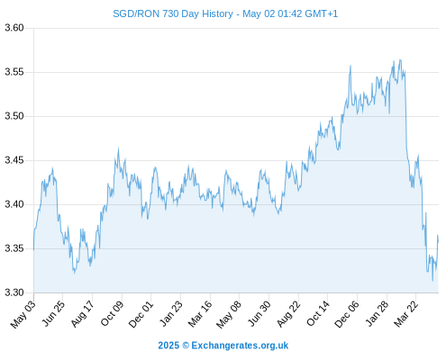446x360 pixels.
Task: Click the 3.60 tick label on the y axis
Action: click(x=14, y=28)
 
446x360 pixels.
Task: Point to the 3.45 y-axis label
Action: click(x=14, y=160)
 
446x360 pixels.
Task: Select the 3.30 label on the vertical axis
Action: click(x=14, y=292)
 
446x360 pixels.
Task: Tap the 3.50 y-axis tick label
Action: click(x=14, y=116)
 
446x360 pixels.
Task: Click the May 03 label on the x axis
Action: click(x=23, y=314)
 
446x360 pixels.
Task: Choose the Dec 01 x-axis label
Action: click(x=141, y=314)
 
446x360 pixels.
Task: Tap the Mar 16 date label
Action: click(x=200, y=314)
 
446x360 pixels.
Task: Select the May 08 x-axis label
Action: click(x=229, y=314)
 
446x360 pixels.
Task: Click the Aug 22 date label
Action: click(x=288, y=314)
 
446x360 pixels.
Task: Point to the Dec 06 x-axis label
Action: click(x=347, y=314)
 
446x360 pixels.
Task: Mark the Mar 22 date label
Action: click(x=405, y=314)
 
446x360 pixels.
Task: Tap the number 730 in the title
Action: click(x=170, y=13)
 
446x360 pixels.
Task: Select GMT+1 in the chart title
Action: click(x=322, y=13)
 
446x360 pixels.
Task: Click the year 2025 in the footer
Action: click(x=168, y=346)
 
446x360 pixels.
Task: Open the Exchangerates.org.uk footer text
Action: click(x=240, y=346)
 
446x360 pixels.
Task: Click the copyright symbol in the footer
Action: click(x=186, y=346)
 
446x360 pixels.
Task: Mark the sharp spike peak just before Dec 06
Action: click(x=350, y=66)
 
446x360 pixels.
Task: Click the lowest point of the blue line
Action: click(x=432, y=281)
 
